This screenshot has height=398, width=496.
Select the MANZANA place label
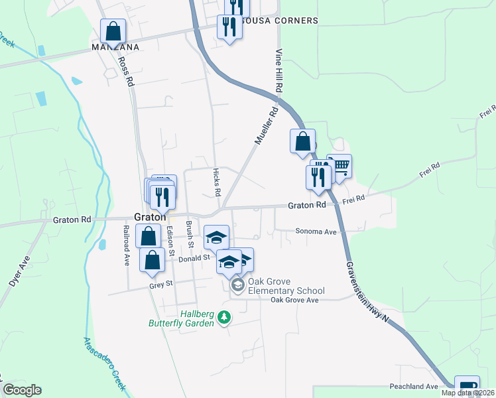pos(116,48)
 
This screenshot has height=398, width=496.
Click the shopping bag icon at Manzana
pos(113,31)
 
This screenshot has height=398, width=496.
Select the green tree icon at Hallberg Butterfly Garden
pos(225,318)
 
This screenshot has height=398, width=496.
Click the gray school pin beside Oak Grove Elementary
pos(237,285)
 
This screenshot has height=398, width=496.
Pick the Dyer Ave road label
pos(19,273)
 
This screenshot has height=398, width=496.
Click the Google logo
pos(22,390)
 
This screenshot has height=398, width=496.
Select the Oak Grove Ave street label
pos(294,300)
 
